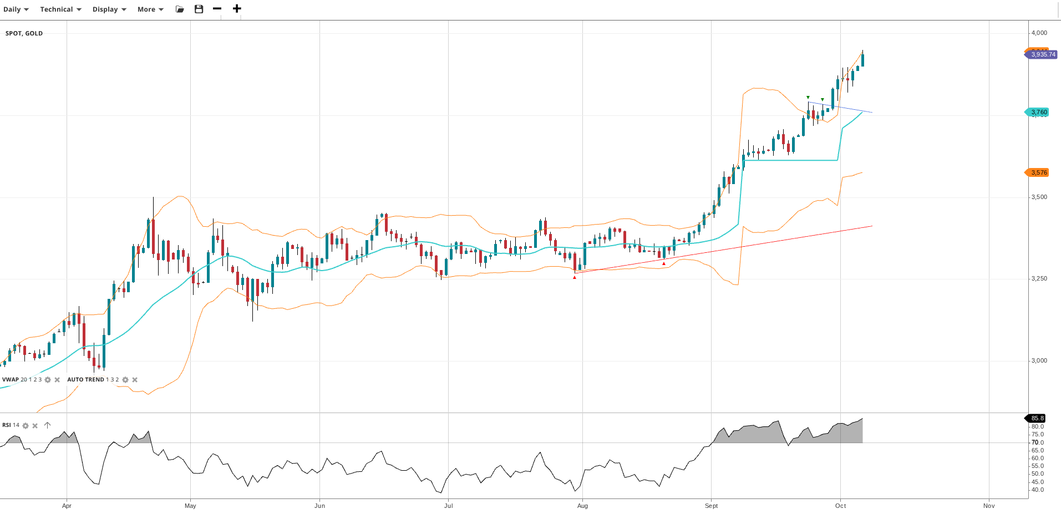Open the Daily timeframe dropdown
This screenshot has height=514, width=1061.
(16, 9)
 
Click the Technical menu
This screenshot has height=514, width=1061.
(60, 9)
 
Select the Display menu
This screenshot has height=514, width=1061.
(109, 9)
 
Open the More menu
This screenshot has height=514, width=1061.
(150, 9)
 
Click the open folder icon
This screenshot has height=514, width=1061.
(180, 9)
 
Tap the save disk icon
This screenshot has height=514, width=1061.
(199, 9)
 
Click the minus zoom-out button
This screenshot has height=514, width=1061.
(217, 9)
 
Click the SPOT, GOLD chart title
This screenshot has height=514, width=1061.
(24, 33)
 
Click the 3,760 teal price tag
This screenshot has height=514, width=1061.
(1038, 112)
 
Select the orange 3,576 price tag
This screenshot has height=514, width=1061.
(1038, 172)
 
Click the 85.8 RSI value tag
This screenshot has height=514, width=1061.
(1037, 418)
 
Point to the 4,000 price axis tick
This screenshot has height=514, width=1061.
(1039, 33)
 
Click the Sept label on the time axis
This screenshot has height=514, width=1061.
(711, 506)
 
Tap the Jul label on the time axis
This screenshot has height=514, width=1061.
(449, 506)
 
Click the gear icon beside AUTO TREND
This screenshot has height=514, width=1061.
(125, 380)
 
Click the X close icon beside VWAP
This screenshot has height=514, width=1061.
(57, 380)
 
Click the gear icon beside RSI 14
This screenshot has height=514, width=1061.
(26, 425)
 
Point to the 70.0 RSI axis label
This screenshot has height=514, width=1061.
(1037, 442)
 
